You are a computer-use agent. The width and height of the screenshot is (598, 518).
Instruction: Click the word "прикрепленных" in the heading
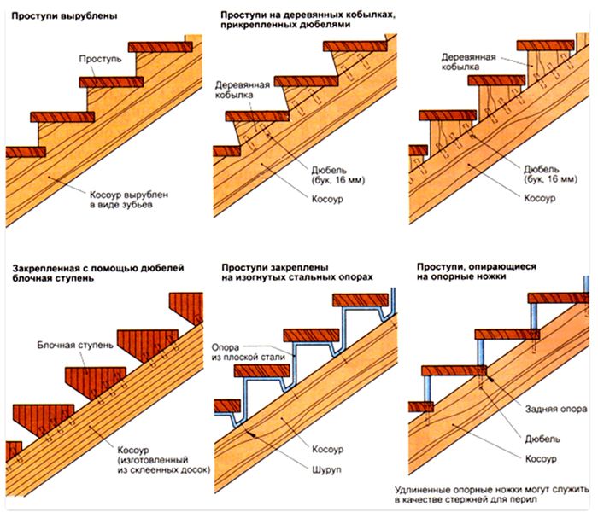pos(259,26)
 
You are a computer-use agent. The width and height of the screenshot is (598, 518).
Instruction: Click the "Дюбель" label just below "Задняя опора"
pos(542,439)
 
